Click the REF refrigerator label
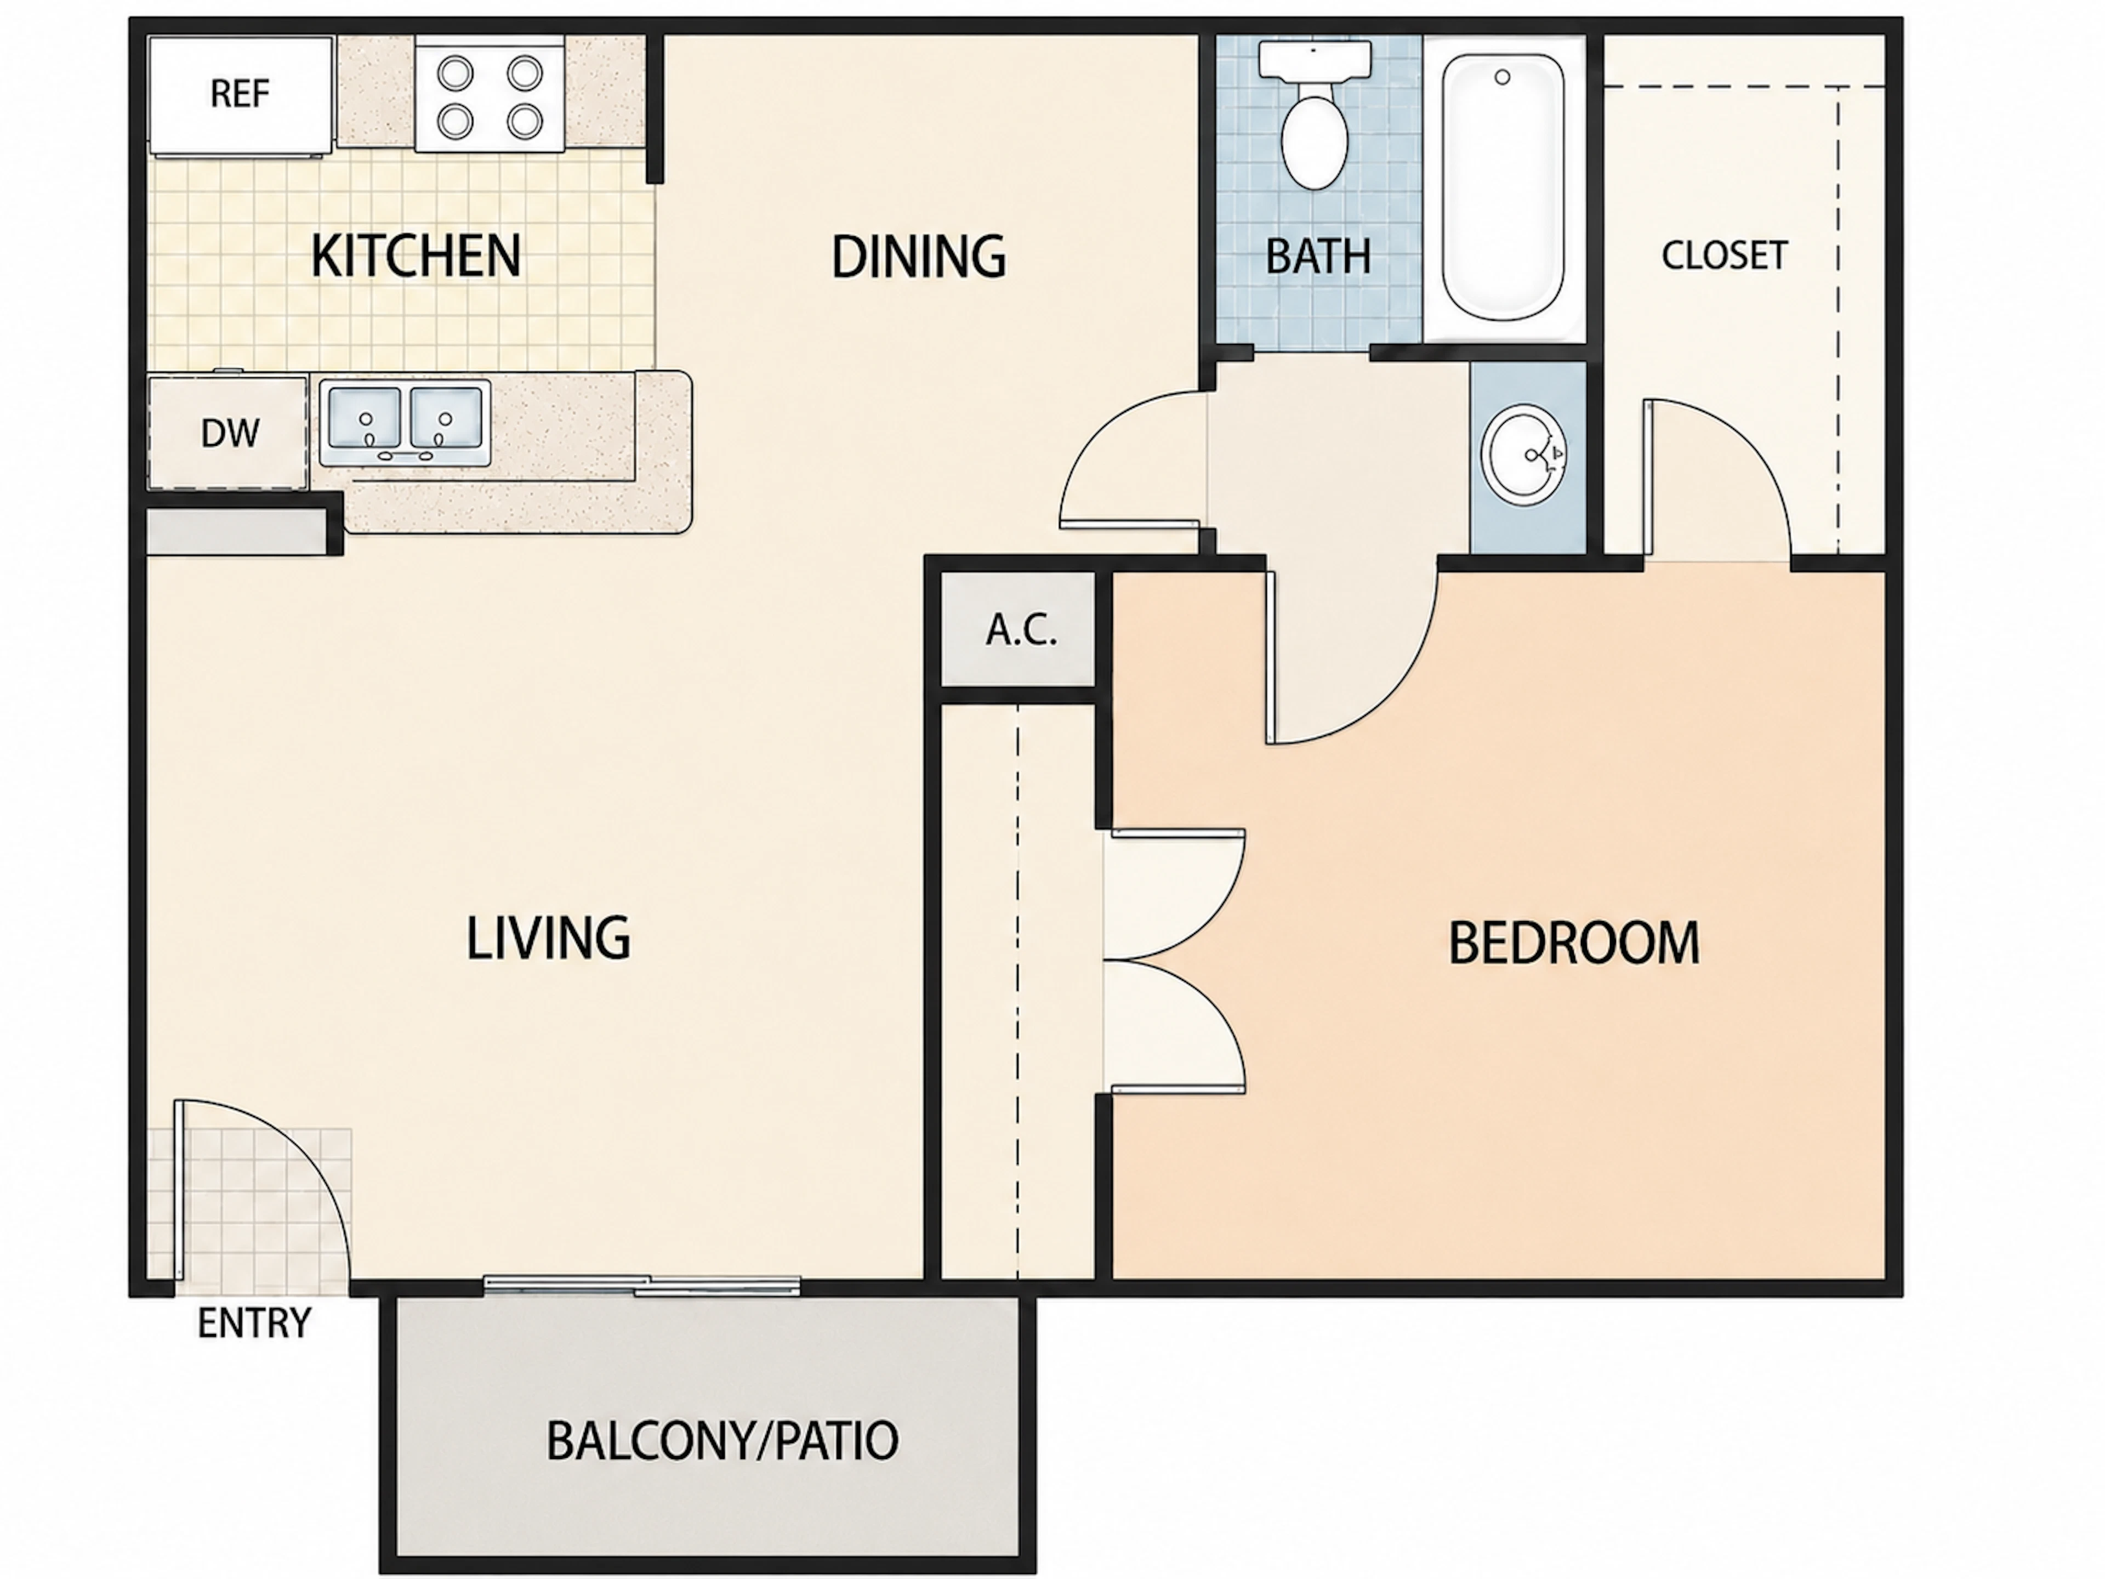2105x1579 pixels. (x=240, y=93)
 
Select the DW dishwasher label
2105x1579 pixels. (x=229, y=433)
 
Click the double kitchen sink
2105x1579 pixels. (x=405, y=423)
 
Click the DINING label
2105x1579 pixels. (x=918, y=256)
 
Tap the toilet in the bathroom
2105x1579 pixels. (x=1315, y=114)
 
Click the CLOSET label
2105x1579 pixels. (x=1725, y=255)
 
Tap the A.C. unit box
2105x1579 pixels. (x=1019, y=629)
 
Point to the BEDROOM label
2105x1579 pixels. (x=1574, y=942)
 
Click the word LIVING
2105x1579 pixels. (x=548, y=938)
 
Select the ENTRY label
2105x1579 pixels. (x=254, y=1323)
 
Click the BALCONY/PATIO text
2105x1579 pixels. (x=722, y=1441)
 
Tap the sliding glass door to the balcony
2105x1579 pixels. (x=642, y=1285)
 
